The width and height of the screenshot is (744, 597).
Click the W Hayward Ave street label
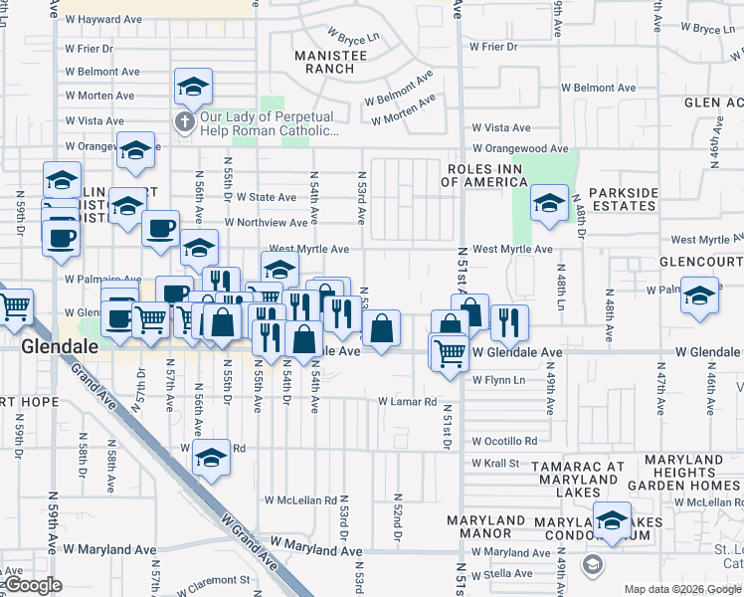tap(103, 19)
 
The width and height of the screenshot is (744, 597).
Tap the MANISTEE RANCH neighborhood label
tap(324, 62)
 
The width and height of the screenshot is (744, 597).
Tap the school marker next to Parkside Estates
tap(547, 204)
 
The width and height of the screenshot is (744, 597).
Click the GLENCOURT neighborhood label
tap(700, 261)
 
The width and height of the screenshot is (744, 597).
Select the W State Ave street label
tap(266, 197)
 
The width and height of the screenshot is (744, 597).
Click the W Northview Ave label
tap(266, 223)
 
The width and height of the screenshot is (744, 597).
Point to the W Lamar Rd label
tap(407, 402)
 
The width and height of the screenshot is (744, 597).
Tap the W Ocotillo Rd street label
tap(504, 440)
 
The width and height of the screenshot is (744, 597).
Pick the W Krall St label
tap(495, 463)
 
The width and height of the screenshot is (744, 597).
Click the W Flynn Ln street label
tap(498, 380)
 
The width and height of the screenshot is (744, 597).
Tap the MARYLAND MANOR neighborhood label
tap(485, 526)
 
